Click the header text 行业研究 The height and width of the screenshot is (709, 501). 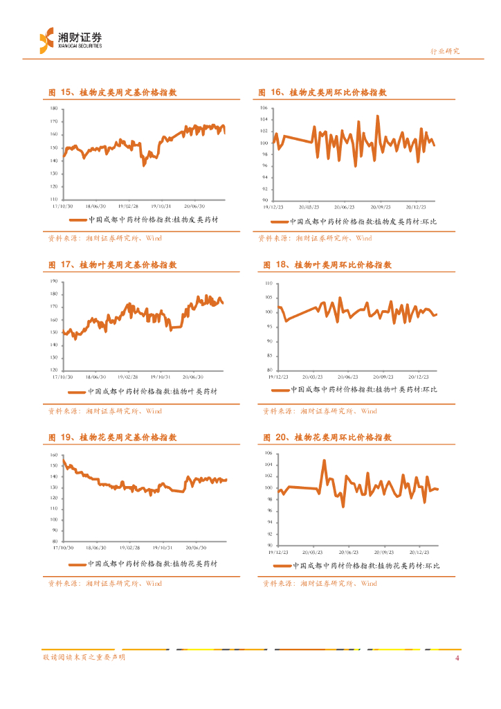pyautogui.click(x=444, y=51)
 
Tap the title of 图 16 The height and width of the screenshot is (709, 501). pyautogui.click(x=322, y=92)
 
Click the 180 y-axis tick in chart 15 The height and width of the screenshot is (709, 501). pyautogui.click(x=54, y=109)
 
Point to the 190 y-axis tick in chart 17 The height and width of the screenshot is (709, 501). pyautogui.click(x=54, y=282)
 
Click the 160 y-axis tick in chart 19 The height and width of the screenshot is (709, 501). pyautogui.click(x=54, y=455)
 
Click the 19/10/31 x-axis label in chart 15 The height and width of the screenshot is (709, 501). pyautogui.click(x=161, y=205)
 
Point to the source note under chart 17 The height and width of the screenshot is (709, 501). pyautogui.click(x=104, y=411)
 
